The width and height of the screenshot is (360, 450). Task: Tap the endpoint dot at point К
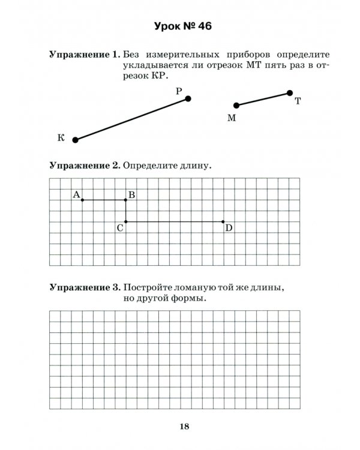[76, 140]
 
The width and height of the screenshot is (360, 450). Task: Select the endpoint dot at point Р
[188, 98]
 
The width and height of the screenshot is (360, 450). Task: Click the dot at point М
[236, 106]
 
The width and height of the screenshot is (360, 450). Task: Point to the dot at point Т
[290, 93]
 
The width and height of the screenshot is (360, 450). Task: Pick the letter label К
[61, 138]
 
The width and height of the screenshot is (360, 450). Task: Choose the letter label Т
[298, 102]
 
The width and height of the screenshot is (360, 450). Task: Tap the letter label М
[232, 118]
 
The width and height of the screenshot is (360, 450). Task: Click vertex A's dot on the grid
[82, 200]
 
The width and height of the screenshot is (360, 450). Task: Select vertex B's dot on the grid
[125, 200]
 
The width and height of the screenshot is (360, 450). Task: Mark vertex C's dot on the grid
[125, 221]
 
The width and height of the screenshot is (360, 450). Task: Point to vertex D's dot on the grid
[223, 221]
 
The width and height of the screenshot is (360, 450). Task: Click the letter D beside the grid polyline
[229, 228]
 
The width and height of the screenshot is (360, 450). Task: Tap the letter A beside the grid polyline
[76, 194]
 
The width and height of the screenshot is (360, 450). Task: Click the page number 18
[184, 427]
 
